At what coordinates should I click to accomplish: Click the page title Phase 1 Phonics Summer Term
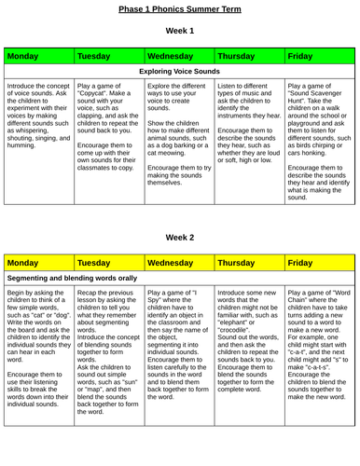pos(180,8)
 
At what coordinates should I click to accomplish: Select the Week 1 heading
pos(180,31)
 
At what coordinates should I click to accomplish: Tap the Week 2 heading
pos(180,238)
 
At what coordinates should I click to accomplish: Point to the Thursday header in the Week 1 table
pos(240,57)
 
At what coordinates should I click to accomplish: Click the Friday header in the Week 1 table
pos(301,57)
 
